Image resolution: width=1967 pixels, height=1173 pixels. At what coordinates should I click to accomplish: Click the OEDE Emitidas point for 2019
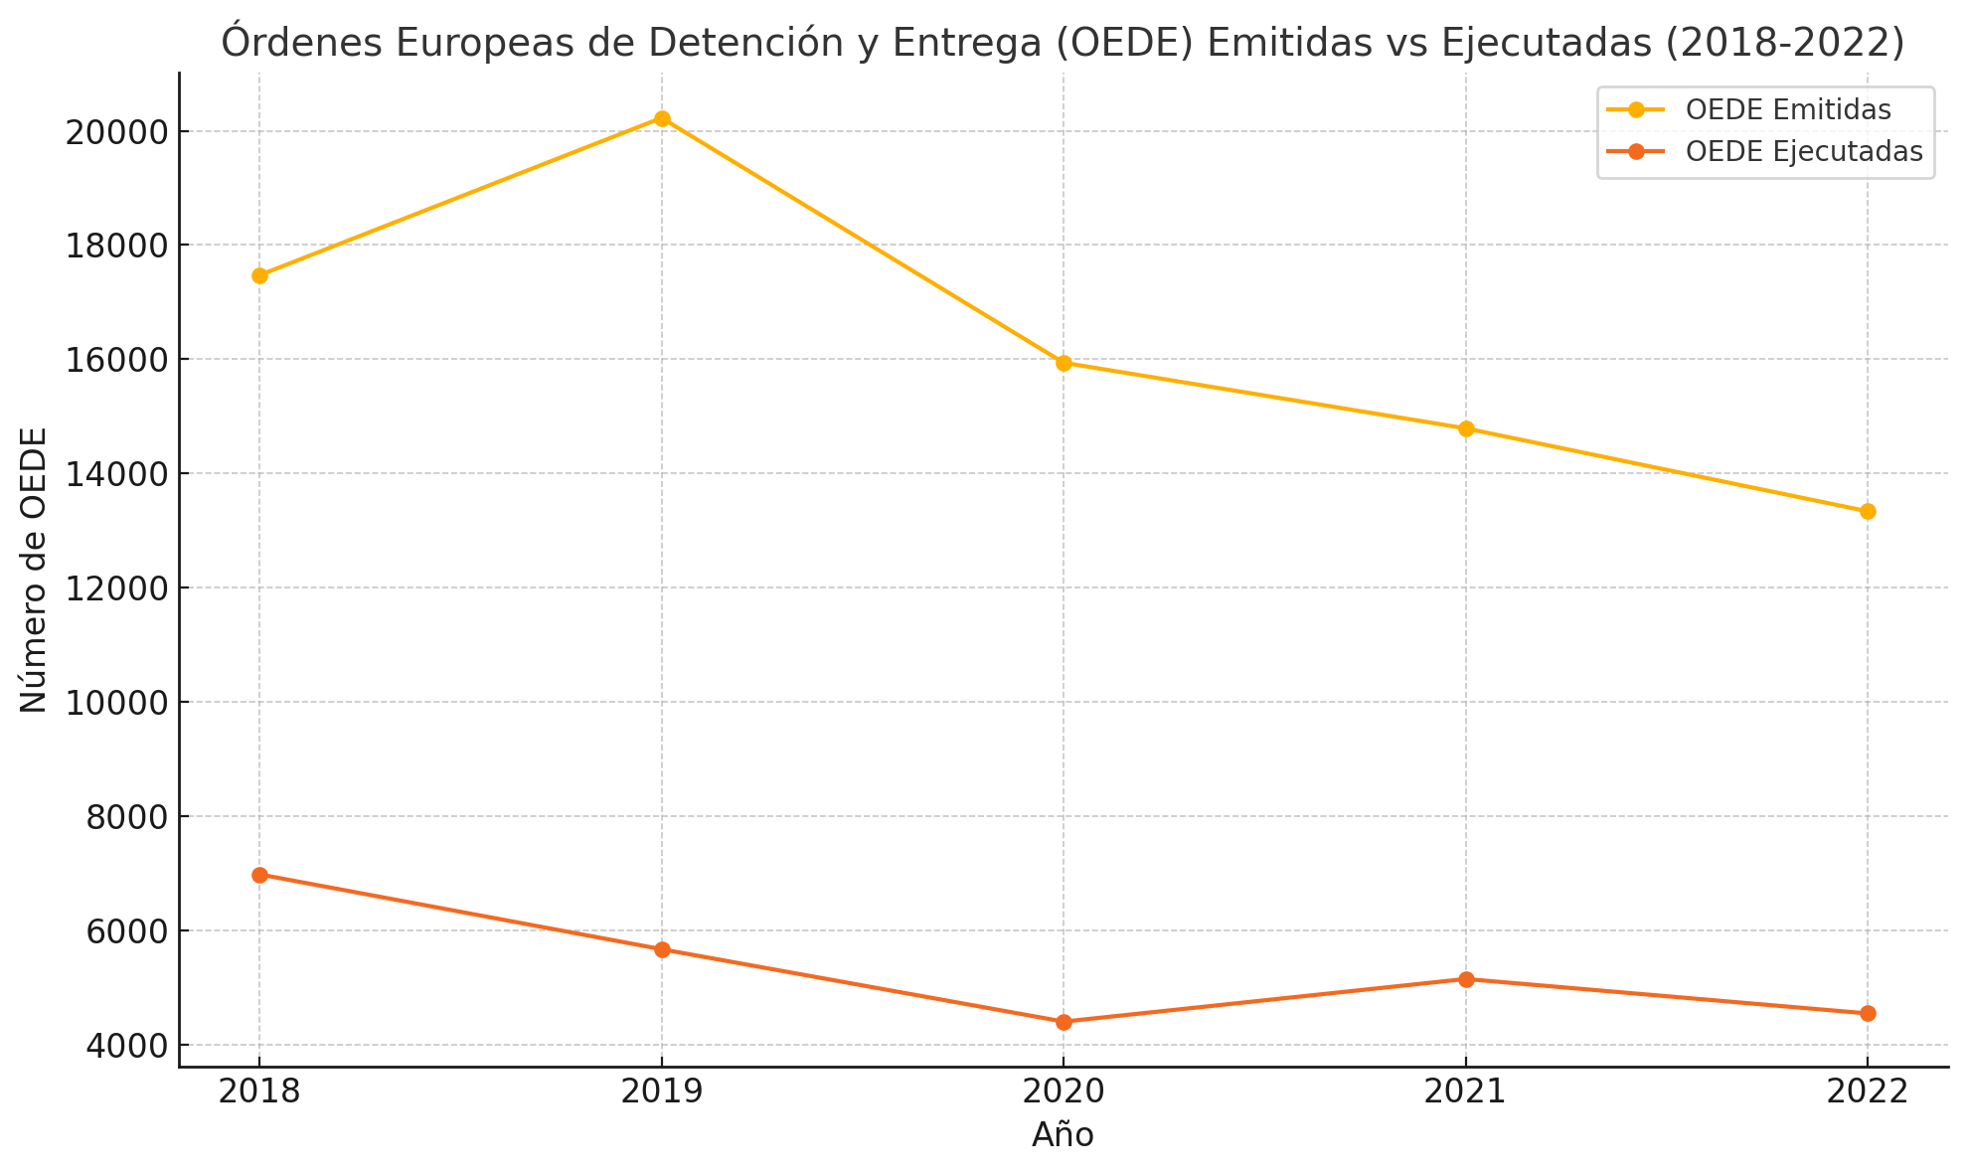662,119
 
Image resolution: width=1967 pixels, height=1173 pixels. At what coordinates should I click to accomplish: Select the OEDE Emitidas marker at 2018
259,275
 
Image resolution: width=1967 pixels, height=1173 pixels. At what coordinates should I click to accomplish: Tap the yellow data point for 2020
1064,363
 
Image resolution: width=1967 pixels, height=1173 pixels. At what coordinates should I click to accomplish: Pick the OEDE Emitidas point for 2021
1466,428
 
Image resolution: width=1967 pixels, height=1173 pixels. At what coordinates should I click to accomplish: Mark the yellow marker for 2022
1868,511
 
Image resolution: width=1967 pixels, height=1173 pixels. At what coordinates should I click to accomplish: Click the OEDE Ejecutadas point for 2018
259,875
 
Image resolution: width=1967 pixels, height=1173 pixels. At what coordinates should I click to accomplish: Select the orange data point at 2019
662,949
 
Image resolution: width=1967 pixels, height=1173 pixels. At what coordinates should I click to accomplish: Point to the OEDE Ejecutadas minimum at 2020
1064,1022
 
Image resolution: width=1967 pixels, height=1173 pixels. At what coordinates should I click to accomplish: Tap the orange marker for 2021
1466,979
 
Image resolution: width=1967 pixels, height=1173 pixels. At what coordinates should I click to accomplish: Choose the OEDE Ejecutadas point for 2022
1868,1013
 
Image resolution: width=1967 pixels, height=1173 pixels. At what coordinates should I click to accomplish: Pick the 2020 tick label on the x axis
1064,1092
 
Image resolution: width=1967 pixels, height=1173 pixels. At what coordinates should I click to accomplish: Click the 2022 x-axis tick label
1868,1092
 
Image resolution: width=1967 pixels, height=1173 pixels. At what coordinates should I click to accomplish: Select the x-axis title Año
1063,1135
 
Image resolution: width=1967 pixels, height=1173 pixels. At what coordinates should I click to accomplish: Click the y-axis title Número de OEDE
35,570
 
